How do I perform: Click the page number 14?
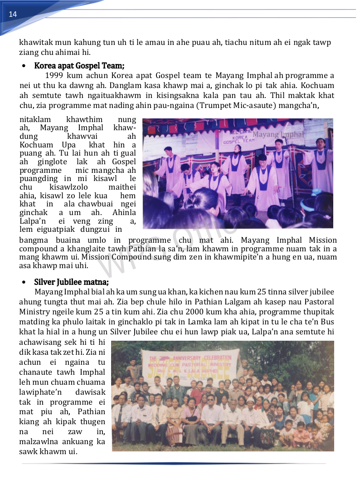click(x=13, y=14)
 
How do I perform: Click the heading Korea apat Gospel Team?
click(x=79, y=66)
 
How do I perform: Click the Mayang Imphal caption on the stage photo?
click(x=278, y=134)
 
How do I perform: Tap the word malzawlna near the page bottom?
click(x=39, y=441)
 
